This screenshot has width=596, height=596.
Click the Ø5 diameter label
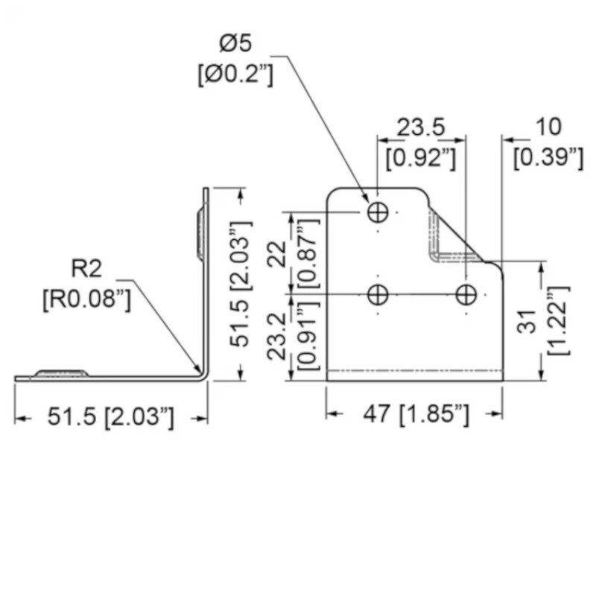click(x=235, y=43)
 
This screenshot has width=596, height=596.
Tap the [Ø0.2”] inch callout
click(x=235, y=74)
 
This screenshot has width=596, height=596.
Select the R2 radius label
click(x=86, y=268)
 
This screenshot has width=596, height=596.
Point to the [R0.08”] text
click(x=86, y=299)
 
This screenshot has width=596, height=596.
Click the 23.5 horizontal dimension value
click(x=421, y=127)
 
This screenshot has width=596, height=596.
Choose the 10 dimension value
click(x=548, y=127)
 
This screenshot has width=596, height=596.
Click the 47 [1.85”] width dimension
click(x=416, y=414)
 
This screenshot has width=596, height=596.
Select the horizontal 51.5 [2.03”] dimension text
click(x=110, y=416)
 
